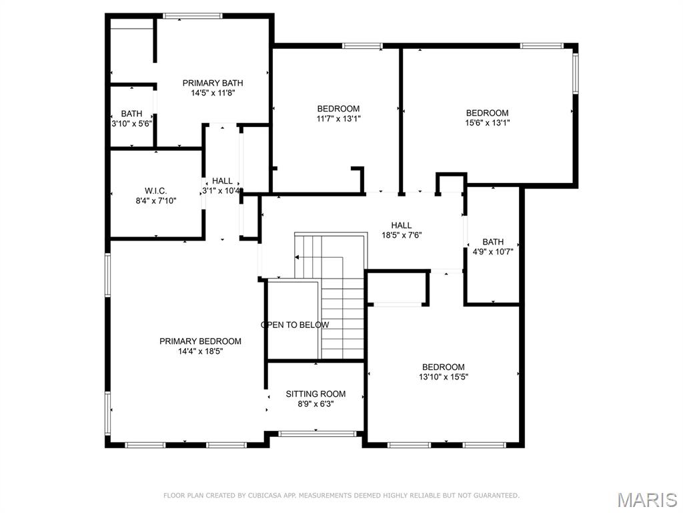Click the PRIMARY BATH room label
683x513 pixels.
click(x=213, y=83)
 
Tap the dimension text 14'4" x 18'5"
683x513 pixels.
click(x=200, y=351)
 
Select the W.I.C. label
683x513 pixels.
click(x=155, y=190)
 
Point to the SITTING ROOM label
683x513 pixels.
click(x=315, y=394)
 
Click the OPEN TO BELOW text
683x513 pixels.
click(x=295, y=325)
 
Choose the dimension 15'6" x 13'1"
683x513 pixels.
click(x=487, y=123)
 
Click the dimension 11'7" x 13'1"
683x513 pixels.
click(x=338, y=119)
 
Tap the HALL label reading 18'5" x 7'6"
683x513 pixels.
click(x=402, y=226)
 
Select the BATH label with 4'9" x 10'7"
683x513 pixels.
click(x=493, y=242)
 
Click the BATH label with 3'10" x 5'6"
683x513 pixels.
click(x=131, y=114)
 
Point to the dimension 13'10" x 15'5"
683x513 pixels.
click(x=443, y=377)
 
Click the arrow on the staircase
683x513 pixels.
click(x=298, y=257)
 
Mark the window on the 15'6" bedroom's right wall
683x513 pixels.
click(x=575, y=73)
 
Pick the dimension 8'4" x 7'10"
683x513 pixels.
click(x=155, y=200)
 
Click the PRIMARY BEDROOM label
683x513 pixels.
click(x=200, y=341)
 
